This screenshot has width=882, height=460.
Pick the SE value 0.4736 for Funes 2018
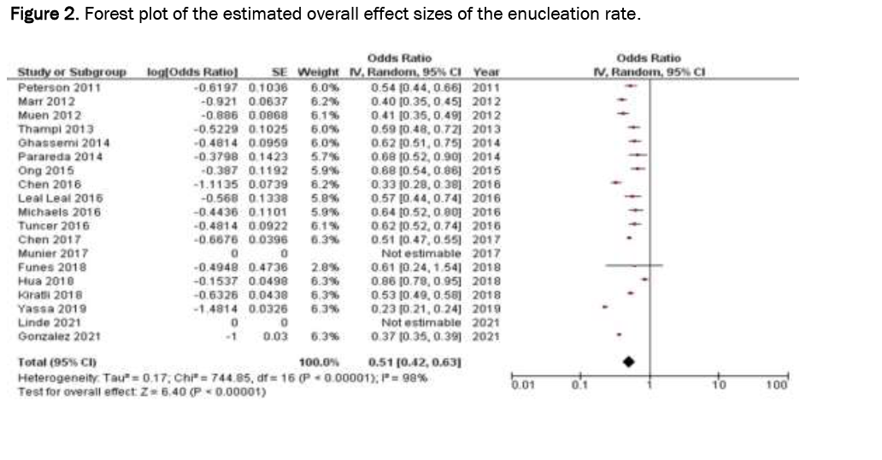[x=268, y=268]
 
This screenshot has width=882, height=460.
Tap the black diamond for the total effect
[x=629, y=362]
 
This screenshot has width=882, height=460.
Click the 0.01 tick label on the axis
[x=520, y=386]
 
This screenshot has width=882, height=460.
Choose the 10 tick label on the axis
[x=717, y=386]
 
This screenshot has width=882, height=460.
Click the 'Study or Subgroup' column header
[x=72, y=73]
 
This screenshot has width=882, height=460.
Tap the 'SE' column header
[x=278, y=73]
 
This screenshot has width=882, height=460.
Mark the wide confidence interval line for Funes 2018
[x=633, y=268]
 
